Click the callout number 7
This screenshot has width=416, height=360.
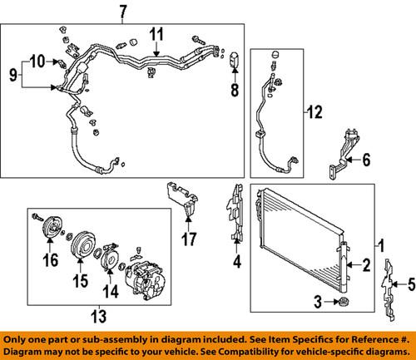[122, 12]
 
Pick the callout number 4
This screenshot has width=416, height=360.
[237, 266]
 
